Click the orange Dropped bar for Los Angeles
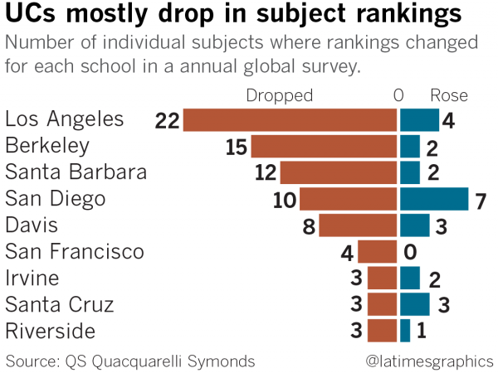(290, 120)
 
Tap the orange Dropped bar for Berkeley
(324, 147)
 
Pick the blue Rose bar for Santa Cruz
(415, 304)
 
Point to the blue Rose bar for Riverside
(405, 331)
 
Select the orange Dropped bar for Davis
(358, 225)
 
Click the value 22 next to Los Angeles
(167, 121)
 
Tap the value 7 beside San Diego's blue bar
(481, 200)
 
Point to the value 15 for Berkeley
(237, 148)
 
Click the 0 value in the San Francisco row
(409, 252)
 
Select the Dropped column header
(280, 95)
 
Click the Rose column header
(448, 95)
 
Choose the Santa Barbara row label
(76, 172)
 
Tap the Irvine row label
(32, 278)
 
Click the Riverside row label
(49, 331)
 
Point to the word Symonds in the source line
(221, 361)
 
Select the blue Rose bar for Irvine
(410, 278)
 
